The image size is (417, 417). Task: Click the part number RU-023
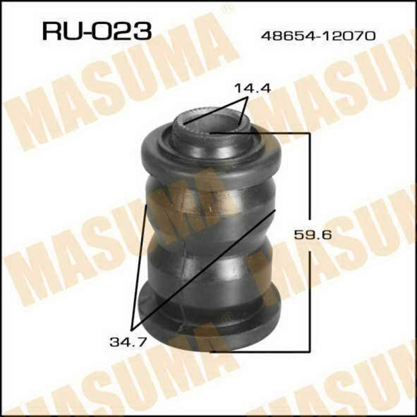click(x=95, y=31)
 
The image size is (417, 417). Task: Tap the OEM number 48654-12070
click(x=318, y=36)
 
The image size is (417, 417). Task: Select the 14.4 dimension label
click(x=252, y=89)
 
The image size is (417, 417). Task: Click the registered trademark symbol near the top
click(x=226, y=9)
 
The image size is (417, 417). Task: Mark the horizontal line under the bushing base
click(x=262, y=351)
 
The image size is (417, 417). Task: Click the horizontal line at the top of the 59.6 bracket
click(x=280, y=134)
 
